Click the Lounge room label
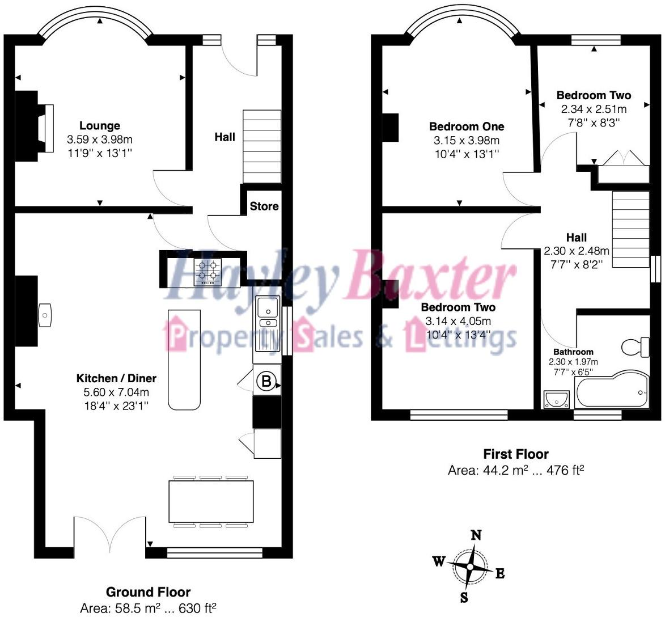[x=99, y=126]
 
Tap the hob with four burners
[x=207, y=271]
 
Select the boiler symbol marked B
[x=266, y=381]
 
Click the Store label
[x=264, y=206]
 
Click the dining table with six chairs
[x=210, y=501]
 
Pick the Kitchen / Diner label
[x=116, y=378]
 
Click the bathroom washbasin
[x=556, y=399]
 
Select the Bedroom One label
[x=466, y=126]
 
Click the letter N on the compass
[x=477, y=535]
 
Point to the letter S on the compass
[x=464, y=597]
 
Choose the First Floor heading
[x=516, y=454]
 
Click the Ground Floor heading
[x=148, y=593]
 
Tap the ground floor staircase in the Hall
[x=262, y=146]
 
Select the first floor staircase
[x=630, y=229]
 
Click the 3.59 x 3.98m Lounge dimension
[x=100, y=140]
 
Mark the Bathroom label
[x=574, y=352]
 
